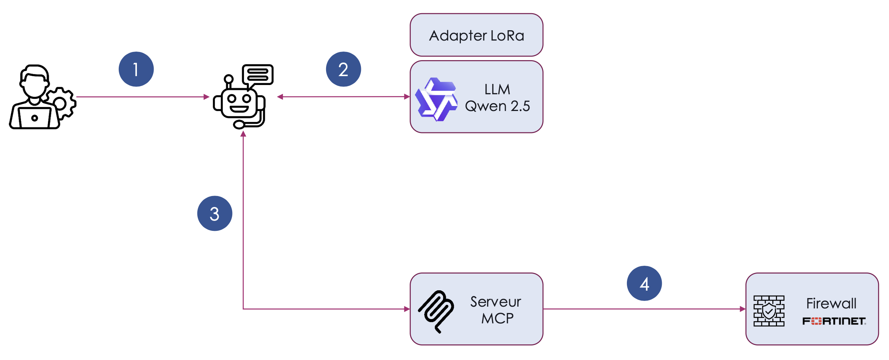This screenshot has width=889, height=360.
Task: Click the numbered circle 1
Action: tap(136, 69)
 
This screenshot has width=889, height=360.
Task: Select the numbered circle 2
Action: tap(344, 69)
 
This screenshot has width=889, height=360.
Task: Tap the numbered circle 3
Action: tap(215, 213)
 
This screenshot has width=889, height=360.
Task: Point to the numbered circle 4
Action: tap(644, 284)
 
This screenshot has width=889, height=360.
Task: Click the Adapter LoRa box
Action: tap(477, 35)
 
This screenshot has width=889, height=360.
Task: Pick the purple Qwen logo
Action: tap(436, 99)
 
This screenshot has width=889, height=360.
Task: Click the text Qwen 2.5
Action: tap(497, 106)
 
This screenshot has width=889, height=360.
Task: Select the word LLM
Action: tap(497, 89)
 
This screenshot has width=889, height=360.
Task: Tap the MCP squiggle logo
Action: tap(436, 312)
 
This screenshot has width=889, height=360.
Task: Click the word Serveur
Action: tap(496, 302)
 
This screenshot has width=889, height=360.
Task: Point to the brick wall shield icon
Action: tap(769, 311)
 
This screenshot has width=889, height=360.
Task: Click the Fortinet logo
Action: tap(834, 321)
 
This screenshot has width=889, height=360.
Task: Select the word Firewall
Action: tap(831, 303)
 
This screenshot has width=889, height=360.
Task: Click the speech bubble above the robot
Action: tap(258, 75)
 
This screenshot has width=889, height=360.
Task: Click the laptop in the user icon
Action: tap(34, 117)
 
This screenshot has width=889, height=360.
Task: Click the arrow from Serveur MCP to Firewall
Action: tap(644, 309)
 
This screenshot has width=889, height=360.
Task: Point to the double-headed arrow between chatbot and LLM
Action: tap(344, 96)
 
